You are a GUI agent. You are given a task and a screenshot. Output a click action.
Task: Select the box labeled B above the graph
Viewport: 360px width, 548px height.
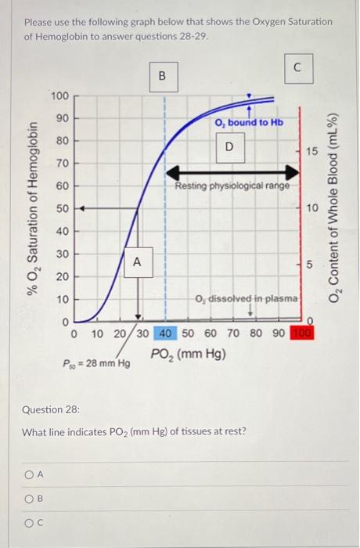[162, 76]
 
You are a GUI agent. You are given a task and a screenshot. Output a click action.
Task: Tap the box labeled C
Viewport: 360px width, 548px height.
[298, 67]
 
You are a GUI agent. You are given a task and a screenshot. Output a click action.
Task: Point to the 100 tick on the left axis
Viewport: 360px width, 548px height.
[60, 96]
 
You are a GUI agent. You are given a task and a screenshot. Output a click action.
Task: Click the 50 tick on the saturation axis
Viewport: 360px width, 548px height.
[60, 209]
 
